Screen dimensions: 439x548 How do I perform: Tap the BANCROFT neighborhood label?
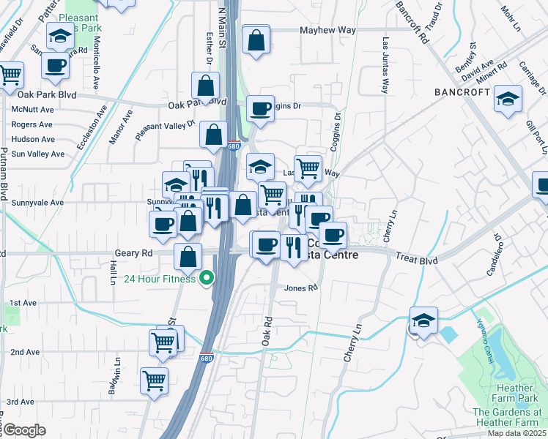tap(462, 92)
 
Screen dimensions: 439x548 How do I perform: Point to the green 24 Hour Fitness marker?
tap(207, 278)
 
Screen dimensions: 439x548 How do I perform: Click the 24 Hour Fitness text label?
tap(160, 279)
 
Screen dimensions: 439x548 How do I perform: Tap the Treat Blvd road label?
tap(416, 259)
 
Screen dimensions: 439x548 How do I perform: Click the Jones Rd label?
tap(301, 288)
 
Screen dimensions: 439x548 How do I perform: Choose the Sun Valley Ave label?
tap(38, 154)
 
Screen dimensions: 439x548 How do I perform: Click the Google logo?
tap(24, 430)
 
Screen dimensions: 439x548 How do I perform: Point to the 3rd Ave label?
tap(21, 402)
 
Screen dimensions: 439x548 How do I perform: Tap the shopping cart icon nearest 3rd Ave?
tap(154, 380)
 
